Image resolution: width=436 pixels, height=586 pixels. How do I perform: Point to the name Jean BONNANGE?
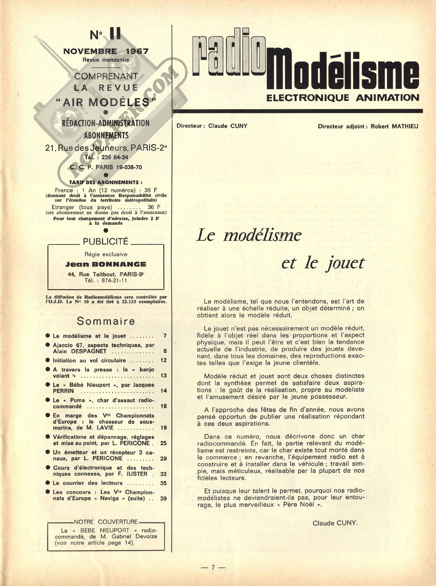tap(106, 264)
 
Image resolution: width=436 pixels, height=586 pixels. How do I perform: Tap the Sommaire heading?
tap(106, 321)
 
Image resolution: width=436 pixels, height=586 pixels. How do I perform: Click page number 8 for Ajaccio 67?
tap(164, 351)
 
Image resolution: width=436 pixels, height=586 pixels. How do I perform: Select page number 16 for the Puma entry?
tap(163, 406)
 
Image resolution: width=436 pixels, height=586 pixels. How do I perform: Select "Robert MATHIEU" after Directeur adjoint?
tap(394, 126)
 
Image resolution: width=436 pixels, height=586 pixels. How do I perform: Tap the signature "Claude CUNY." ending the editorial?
tap(335, 523)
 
